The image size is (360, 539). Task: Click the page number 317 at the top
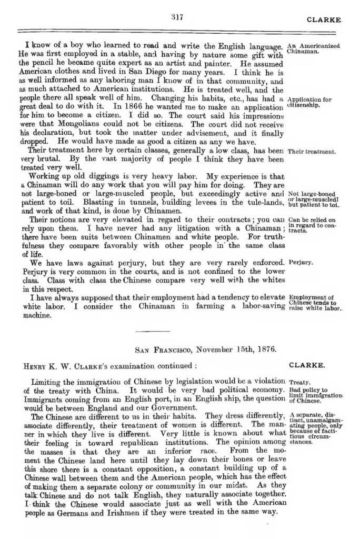177,17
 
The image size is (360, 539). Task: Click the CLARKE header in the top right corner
324,19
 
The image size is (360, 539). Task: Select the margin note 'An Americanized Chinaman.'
314,49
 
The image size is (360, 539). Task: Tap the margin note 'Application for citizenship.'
309,102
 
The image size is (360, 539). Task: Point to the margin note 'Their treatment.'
312,152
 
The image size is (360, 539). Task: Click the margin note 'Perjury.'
301,262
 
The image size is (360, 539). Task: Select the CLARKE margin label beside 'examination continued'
307,364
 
